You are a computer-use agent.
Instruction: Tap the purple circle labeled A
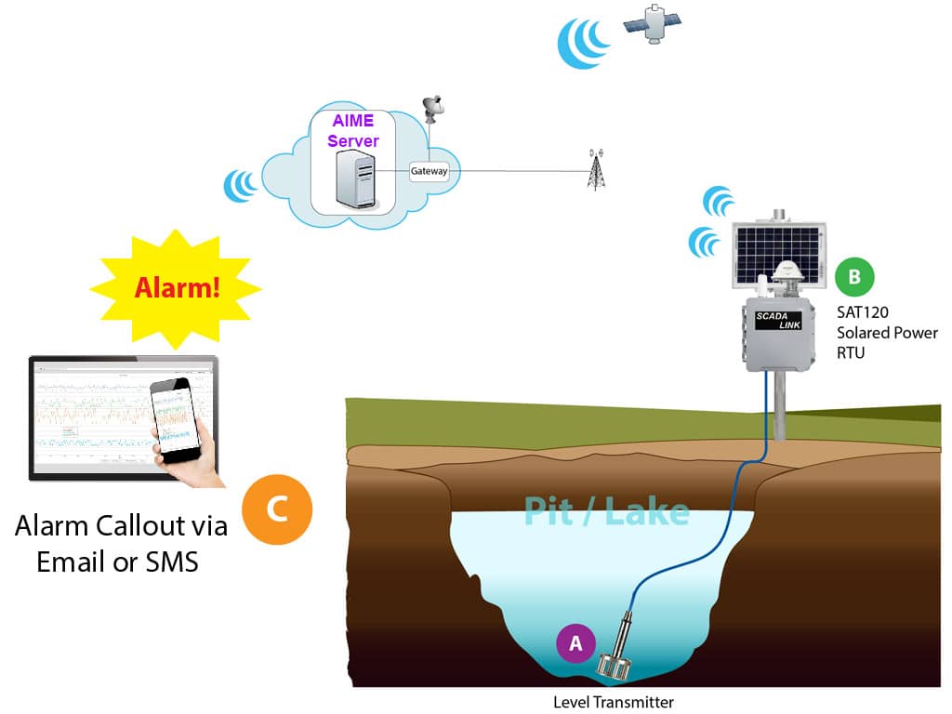575,642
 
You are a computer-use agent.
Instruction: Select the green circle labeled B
853,275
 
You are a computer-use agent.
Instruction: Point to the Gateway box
430,171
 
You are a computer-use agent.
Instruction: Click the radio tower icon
596,169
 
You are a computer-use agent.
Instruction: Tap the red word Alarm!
178,286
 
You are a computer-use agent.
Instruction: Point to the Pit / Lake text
606,510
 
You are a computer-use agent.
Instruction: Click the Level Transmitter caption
613,702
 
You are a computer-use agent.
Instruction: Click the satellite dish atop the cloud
433,110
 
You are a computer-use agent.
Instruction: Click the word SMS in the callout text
167,562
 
